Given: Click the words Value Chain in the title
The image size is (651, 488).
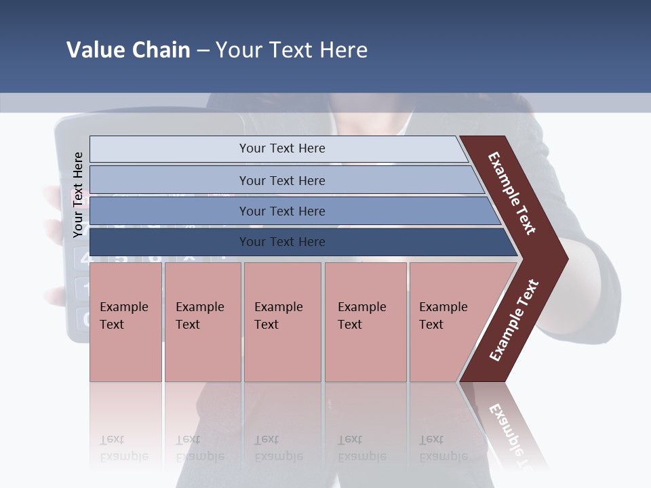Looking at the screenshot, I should tap(128, 50).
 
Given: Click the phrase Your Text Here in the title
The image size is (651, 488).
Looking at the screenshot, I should tap(292, 50).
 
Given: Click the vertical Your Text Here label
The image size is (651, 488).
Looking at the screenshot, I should tap(78, 195).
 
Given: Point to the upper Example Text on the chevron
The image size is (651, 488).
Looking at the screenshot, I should tap(512, 193).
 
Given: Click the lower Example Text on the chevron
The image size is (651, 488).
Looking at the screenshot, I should tap(514, 321).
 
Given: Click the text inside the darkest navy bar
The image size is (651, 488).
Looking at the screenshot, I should tap(282, 242).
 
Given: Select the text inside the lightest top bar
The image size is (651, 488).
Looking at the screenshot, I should tap(282, 148).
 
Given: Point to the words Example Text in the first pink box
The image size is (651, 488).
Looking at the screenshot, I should tap(123, 315).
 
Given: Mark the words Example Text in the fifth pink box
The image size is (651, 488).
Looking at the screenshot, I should tap(443, 315).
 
